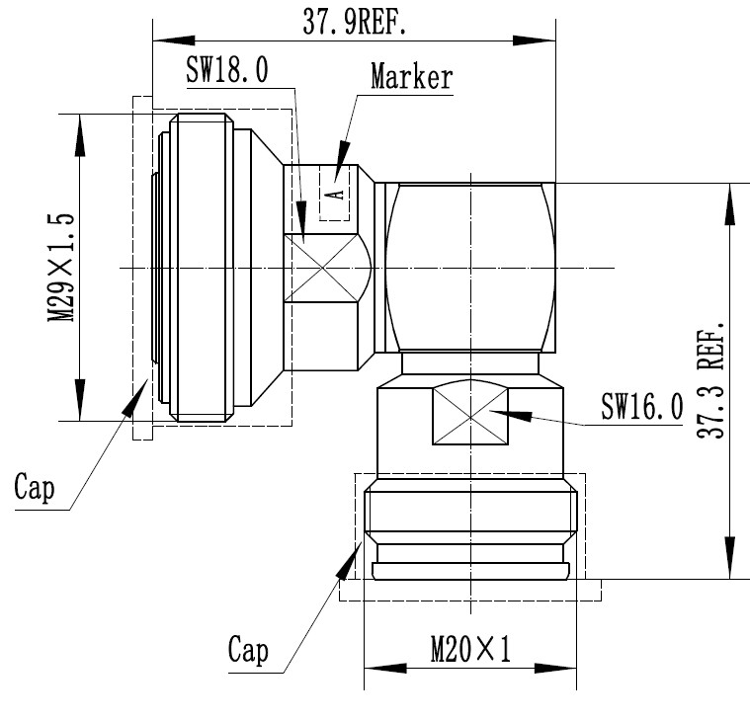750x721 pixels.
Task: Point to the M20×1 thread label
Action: point(470,649)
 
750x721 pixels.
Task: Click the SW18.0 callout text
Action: point(227,71)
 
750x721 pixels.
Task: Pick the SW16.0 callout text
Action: point(642,406)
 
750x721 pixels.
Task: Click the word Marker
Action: point(411,77)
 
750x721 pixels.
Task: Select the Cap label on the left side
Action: point(35,486)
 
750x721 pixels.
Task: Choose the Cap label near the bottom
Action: point(248,651)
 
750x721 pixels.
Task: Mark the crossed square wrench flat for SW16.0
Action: point(470,415)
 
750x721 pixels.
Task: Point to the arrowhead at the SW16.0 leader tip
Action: point(498,412)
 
